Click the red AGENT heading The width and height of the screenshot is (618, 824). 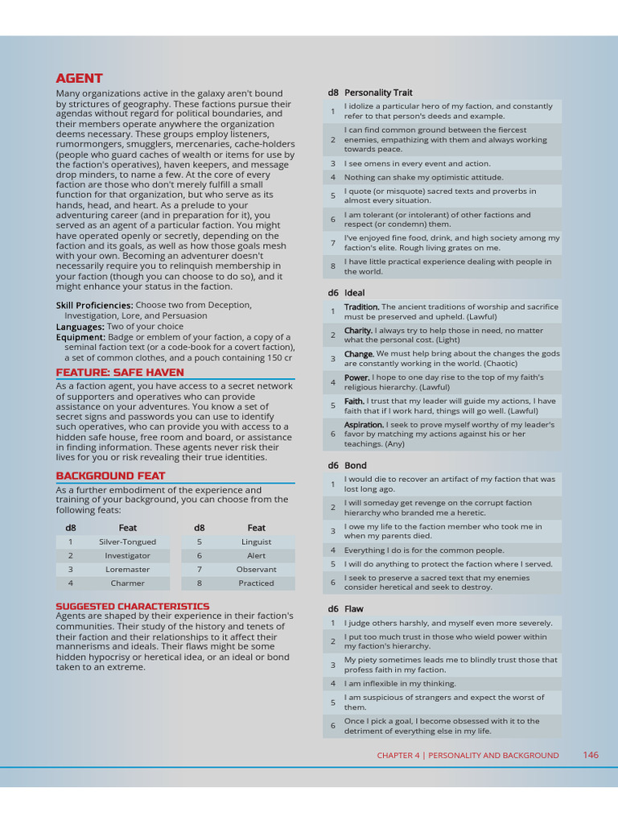(79, 78)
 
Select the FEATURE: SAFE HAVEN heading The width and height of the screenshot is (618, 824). (120, 373)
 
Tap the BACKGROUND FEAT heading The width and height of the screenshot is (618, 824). (110, 476)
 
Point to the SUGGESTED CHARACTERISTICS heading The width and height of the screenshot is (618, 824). (132, 606)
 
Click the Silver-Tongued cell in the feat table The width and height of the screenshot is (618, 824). (127, 542)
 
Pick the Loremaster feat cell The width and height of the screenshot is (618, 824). (127, 569)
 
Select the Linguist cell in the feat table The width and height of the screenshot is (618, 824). (256, 542)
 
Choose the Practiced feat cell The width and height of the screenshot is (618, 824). (256, 583)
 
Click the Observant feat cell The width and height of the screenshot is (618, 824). (256, 569)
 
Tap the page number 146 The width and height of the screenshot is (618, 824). (591, 755)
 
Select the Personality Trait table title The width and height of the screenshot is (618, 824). (378, 93)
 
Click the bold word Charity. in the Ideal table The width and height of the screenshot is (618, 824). (358, 330)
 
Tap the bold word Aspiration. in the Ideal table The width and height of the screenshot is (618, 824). (365, 424)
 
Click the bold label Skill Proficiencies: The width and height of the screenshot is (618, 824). (94, 305)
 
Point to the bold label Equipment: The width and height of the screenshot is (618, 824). (80, 337)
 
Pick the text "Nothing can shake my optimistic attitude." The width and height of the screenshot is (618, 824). (423, 177)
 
